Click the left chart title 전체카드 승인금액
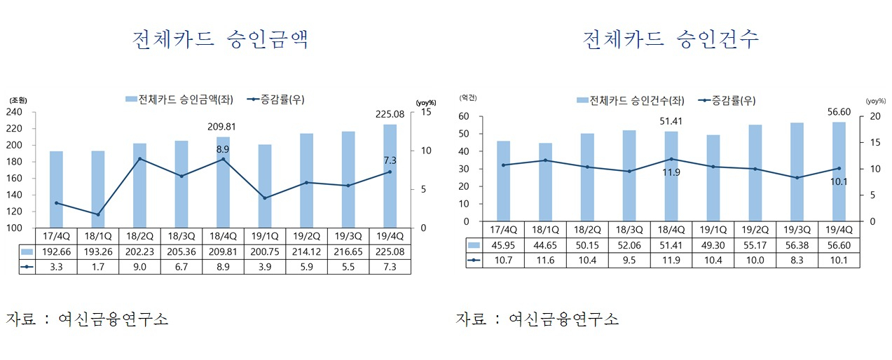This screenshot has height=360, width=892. tap(220, 40)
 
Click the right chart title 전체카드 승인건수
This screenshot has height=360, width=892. tap(671, 40)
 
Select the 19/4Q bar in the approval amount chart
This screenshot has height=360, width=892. tap(390, 176)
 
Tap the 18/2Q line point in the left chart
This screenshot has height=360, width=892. tap(139, 158)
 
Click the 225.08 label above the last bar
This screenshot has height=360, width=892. tap(390, 114)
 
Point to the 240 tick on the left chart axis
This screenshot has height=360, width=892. tap(14, 112)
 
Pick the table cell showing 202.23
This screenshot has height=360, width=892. tap(139, 251)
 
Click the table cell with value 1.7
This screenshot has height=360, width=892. tap(98, 267)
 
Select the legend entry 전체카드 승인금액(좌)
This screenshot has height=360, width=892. tap(179, 99)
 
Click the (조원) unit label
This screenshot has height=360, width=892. tap(18, 100)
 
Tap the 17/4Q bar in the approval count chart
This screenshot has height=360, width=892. tap(503, 181)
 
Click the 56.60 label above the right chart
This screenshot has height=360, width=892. tap(839, 112)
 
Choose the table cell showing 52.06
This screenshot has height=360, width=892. tap(629, 245)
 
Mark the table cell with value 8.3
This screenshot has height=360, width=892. tap(797, 260)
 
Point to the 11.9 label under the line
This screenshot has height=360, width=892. tap(671, 172)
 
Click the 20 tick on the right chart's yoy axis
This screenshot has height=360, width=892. tap(875, 116)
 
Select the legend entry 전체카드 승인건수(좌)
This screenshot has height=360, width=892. tap(631, 100)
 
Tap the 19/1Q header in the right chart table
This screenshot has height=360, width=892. tap(713, 230)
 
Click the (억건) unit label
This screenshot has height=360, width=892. tap(468, 98)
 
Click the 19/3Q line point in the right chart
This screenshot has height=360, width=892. tap(797, 178)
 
